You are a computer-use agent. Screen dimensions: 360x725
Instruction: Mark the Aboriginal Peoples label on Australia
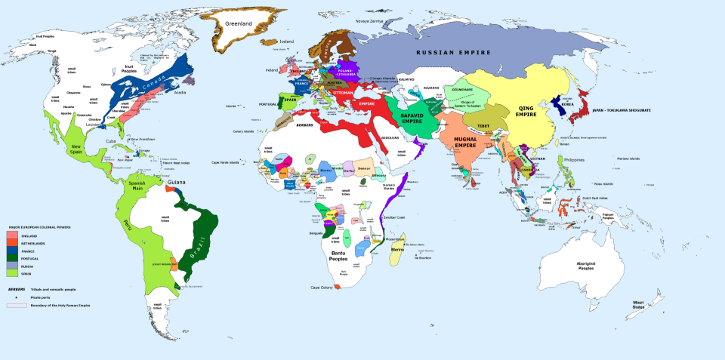pyautogui.click(x=586, y=266)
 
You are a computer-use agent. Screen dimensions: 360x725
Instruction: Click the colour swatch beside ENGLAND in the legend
pyautogui.click(x=11, y=236)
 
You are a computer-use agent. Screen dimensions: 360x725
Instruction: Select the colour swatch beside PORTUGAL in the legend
pyautogui.click(x=11, y=259)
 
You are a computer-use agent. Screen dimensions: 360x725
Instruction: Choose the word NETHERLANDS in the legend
pyautogui.click(x=33, y=244)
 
